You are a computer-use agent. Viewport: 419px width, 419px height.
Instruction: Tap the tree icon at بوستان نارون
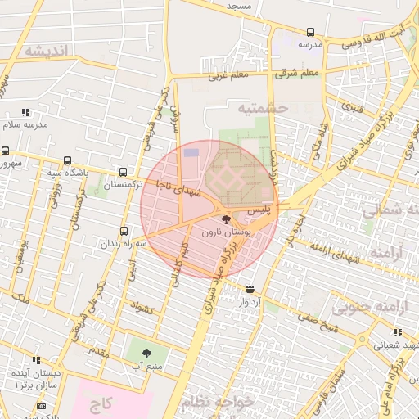[x=226, y=219]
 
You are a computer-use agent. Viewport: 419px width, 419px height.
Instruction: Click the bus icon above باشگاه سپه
[x=66, y=161]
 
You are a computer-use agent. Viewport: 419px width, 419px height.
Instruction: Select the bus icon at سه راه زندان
[x=124, y=231]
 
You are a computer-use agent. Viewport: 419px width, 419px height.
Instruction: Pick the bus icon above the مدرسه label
[x=310, y=33]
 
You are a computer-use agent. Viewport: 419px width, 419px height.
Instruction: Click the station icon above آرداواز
[x=250, y=288]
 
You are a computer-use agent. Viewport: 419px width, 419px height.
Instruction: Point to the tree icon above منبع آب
[x=146, y=354]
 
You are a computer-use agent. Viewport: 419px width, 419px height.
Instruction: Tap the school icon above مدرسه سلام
[x=25, y=112]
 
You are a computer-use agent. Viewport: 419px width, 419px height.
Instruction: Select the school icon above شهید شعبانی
[x=398, y=332]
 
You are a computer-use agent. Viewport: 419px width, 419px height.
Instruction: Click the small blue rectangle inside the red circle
[x=191, y=152]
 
